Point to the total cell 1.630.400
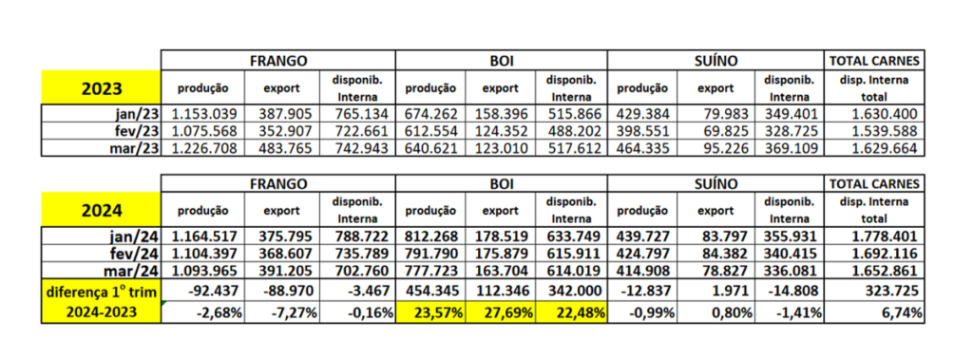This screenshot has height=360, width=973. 877,114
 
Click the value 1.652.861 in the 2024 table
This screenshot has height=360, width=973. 877,271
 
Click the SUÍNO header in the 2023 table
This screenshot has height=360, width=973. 717,60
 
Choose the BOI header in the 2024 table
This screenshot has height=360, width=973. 501,182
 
